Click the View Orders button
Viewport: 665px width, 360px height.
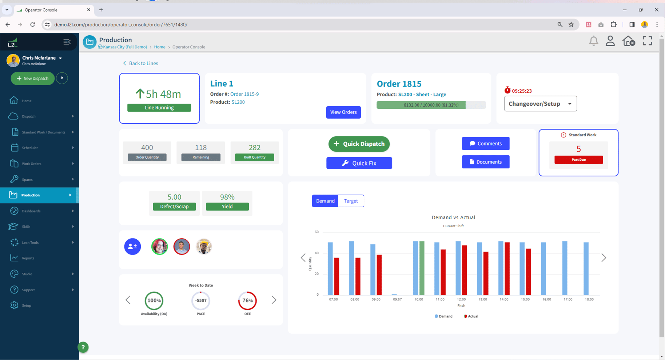(x=343, y=112)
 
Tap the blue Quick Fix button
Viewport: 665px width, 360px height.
(x=359, y=163)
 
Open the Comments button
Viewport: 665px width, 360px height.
(x=485, y=144)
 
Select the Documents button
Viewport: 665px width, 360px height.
(x=485, y=162)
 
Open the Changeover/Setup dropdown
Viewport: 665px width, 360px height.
(x=540, y=104)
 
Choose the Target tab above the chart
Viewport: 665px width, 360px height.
(x=351, y=201)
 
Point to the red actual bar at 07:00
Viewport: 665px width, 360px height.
(x=337, y=276)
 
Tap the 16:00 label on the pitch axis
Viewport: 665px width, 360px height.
(x=546, y=300)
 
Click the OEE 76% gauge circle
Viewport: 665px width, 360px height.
(x=247, y=301)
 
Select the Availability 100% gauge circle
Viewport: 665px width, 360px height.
(x=154, y=301)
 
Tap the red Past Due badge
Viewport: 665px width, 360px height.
(x=578, y=160)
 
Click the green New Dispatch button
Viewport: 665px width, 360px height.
(x=33, y=79)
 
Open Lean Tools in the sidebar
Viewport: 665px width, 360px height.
(x=30, y=243)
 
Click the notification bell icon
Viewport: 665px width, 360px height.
(x=593, y=41)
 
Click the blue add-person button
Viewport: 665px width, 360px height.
(x=132, y=247)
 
